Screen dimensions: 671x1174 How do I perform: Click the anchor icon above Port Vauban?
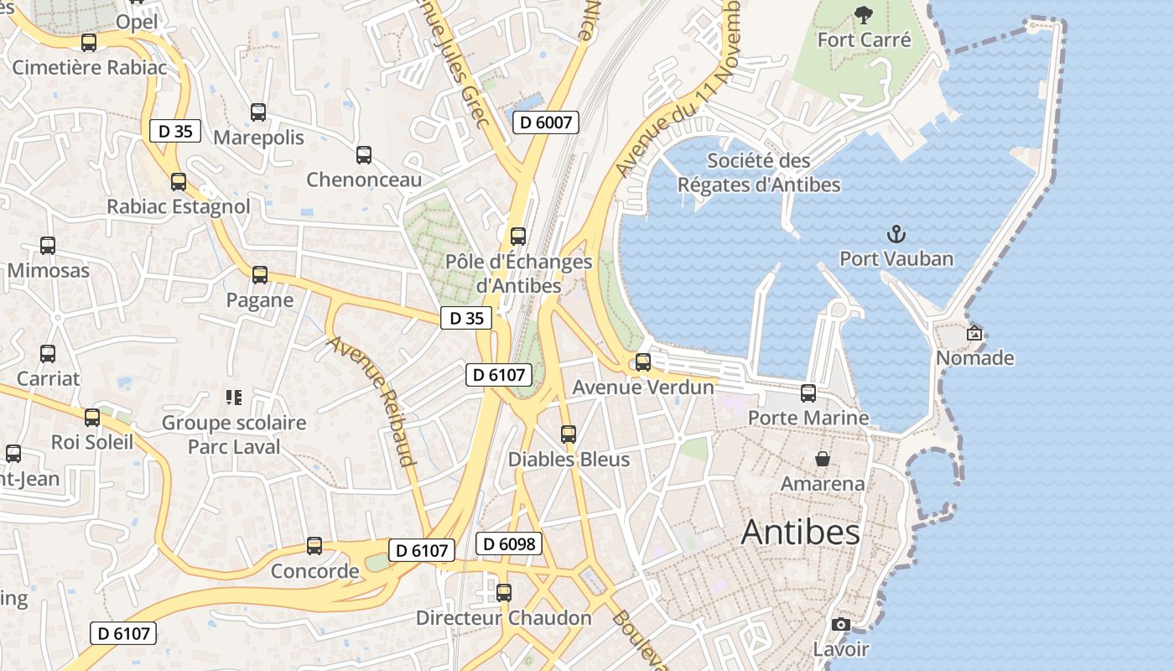(896, 233)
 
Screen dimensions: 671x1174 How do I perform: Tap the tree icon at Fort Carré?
(863, 14)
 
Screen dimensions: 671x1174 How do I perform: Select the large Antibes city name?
(801, 533)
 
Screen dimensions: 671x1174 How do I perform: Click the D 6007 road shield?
(545, 122)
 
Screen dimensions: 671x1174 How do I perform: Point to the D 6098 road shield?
(509, 544)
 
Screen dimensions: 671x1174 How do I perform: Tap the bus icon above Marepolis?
(258, 112)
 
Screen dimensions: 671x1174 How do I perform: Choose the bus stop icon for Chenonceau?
(364, 154)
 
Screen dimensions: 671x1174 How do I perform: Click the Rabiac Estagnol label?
(179, 206)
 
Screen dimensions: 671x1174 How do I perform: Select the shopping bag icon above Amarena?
(823, 459)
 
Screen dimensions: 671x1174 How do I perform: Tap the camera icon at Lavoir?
(840, 624)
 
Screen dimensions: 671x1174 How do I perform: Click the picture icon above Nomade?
(974, 333)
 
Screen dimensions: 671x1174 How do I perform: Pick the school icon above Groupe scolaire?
(234, 397)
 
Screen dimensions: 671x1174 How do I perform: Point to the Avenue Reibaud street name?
(372, 401)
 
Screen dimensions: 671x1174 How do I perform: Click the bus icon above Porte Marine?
(808, 393)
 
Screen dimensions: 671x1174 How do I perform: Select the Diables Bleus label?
(569, 460)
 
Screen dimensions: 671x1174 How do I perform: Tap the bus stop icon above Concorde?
(314, 546)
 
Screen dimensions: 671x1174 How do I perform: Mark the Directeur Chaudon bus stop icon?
(504, 592)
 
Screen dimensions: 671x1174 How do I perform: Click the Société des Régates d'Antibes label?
(759, 173)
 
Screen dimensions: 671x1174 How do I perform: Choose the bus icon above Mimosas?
(48, 246)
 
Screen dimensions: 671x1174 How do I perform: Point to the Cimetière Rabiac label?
(90, 68)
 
